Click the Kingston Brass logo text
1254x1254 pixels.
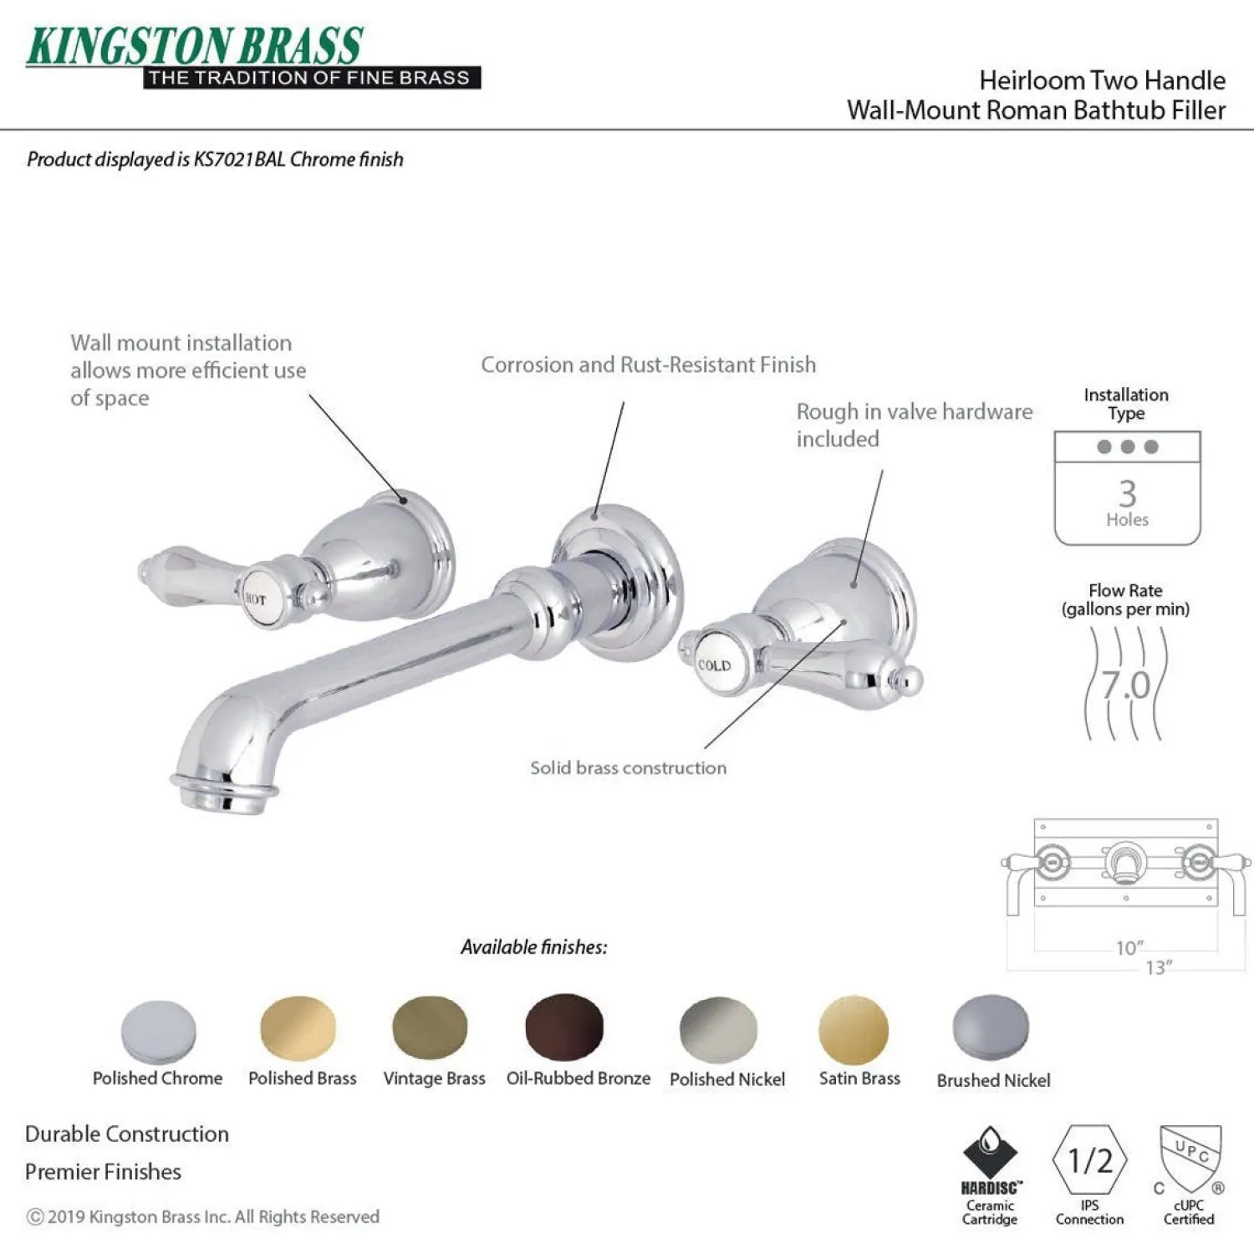(195, 46)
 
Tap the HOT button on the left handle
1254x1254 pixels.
(254, 599)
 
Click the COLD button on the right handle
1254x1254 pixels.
(713, 665)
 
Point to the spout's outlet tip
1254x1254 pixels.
(223, 793)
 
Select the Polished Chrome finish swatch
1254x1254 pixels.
(158, 1032)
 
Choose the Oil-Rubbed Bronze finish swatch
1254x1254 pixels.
(564, 1027)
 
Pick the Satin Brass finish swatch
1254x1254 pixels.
(854, 1029)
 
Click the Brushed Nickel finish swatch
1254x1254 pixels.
(991, 1027)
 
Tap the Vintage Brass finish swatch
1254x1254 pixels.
(430, 1027)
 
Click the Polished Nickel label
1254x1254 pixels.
(727, 1079)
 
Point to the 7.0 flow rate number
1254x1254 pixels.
(1125, 686)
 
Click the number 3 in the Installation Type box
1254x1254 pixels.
(1128, 493)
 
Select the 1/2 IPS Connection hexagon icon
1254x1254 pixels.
(1089, 1161)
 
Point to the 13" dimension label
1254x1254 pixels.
(1159, 967)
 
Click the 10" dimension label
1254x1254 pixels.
(1129, 948)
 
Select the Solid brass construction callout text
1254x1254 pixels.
(628, 767)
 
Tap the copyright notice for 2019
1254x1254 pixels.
(203, 1216)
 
